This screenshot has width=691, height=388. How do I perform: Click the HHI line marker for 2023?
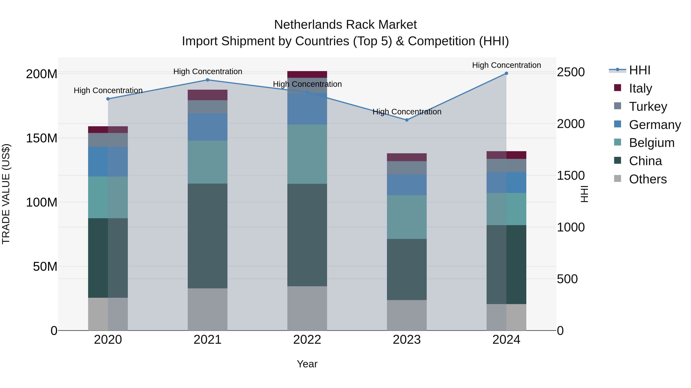pyautogui.click(x=407, y=120)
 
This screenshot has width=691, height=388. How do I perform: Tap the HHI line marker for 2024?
pyautogui.click(x=506, y=73)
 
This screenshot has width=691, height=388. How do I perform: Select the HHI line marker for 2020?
pyautogui.click(x=108, y=99)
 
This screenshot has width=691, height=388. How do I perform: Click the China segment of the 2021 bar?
pyautogui.click(x=207, y=236)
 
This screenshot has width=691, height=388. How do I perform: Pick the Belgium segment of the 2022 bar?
pyautogui.click(x=307, y=154)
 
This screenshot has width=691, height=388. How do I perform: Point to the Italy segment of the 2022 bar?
pyautogui.click(x=307, y=75)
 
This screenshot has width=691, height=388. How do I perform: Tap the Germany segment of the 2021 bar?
pyautogui.click(x=207, y=127)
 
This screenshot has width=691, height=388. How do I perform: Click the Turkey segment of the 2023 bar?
pyautogui.click(x=407, y=168)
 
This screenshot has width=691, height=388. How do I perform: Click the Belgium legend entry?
pyautogui.click(x=651, y=143)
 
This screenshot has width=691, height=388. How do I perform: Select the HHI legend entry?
pyautogui.click(x=640, y=70)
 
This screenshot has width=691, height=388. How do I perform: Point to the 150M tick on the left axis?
pyautogui.click(x=42, y=138)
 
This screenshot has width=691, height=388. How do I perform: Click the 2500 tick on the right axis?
pyautogui.click(x=571, y=72)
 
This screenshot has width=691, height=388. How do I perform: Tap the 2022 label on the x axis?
pyautogui.click(x=307, y=340)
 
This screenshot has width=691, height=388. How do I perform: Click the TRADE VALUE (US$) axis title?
pyautogui.click(x=6, y=194)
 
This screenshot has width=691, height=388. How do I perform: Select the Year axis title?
pyautogui.click(x=307, y=364)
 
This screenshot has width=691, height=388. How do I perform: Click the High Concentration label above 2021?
pyautogui.click(x=208, y=71)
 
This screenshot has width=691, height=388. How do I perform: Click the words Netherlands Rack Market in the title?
pyautogui.click(x=345, y=25)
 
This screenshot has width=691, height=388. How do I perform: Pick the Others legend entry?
pyautogui.click(x=648, y=179)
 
